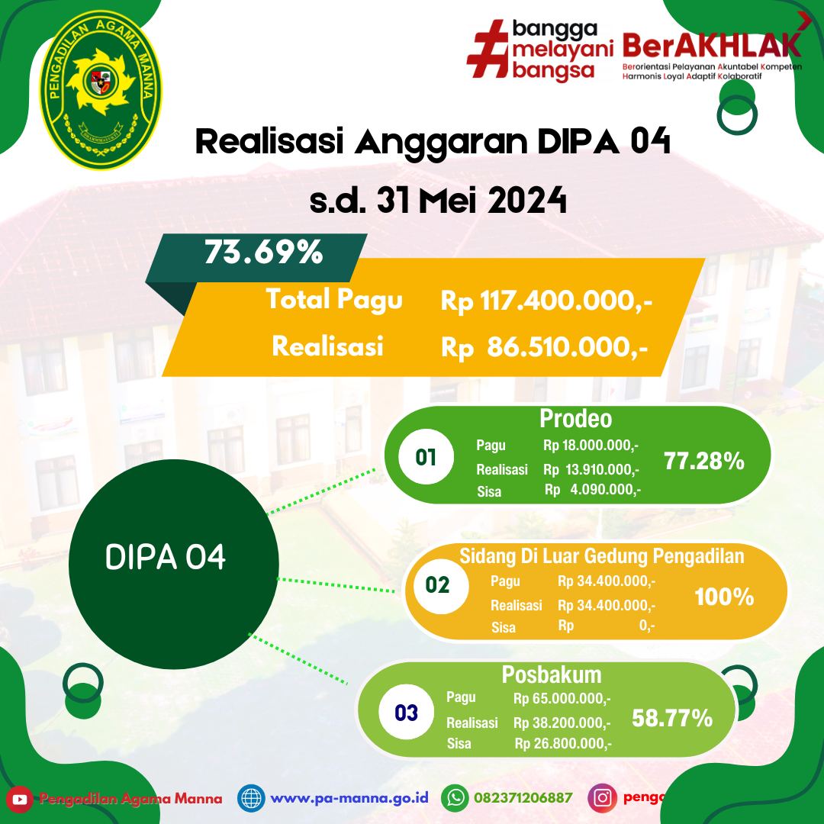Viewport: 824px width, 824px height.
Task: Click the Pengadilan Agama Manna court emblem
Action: tap(101, 85)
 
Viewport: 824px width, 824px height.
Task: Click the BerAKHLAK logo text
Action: tap(712, 44)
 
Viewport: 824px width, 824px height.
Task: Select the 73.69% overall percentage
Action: tap(263, 253)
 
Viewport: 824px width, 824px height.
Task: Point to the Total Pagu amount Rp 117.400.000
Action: tap(546, 301)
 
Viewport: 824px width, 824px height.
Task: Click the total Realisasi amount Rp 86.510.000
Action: tap(545, 349)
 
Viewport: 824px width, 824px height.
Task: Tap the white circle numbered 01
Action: tap(426, 457)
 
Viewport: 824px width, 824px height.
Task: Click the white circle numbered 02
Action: tap(437, 585)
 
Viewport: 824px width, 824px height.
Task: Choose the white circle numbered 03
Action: tap(407, 713)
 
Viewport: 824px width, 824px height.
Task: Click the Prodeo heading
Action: tap(576, 419)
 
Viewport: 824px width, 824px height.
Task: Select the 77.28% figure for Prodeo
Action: tap(703, 461)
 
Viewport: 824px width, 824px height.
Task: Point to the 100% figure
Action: tap(724, 597)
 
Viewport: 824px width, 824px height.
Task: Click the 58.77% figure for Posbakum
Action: tap(672, 718)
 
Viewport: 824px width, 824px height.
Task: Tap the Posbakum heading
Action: tap(552, 674)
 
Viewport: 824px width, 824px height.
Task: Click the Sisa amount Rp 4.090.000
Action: tap(593, 490)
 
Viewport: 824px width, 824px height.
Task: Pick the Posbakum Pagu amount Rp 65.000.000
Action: tap(562, 698)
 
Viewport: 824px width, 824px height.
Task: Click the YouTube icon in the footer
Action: tap(20, 799)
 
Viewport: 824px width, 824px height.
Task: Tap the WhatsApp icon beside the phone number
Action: tap(456, 798)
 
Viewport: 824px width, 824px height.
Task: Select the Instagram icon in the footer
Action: tap(602, 798)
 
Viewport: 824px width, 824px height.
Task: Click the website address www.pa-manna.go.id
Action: tap(349, 799)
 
